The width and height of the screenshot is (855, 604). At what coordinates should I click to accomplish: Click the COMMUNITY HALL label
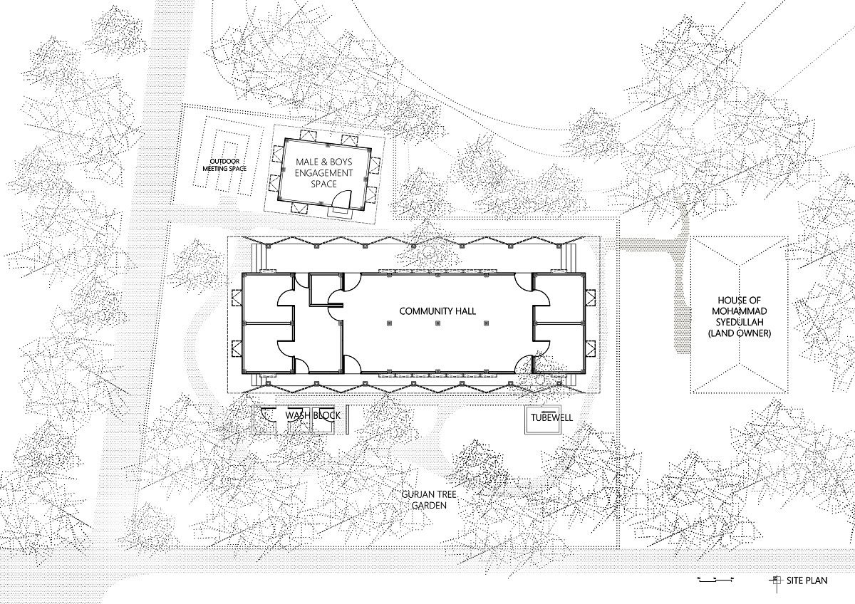[x=437, y=311]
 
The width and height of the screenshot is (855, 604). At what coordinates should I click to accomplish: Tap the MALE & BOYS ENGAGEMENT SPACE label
[x=323, y=173]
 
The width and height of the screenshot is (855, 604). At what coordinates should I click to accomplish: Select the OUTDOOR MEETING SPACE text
[x=224, y=165]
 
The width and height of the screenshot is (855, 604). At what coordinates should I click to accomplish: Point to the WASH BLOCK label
[x=313, y=415]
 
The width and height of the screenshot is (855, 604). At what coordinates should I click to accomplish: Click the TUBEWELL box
[x=543, y=420]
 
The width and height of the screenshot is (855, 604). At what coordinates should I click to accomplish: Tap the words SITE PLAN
[x=807, y=580]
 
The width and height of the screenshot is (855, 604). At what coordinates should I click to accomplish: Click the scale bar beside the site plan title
[x=715, y=580]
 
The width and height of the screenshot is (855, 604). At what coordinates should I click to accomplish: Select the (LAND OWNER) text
[x=740, y=333]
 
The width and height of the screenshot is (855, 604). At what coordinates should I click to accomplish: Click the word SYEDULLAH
[x=740, y=323]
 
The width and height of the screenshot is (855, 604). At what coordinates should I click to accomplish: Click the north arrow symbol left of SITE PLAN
[x=775, y=581]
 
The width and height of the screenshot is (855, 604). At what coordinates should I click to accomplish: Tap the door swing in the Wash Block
[x=268, y=415]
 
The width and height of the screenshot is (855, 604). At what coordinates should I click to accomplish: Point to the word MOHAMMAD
[x=740, y=311]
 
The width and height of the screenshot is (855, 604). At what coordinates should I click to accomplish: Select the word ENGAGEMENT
[x=323, y=173]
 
